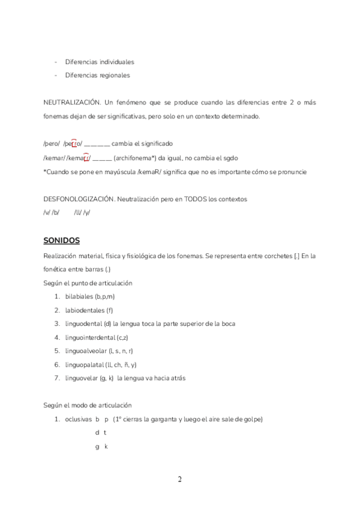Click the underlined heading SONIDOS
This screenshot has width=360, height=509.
pos(61,241)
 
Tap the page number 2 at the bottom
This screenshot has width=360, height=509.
pos(179,479)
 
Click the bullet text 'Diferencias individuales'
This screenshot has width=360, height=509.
pos(100,62)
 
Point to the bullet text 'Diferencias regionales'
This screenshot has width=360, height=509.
pos(97,76)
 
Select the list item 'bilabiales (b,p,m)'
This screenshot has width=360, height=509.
pos(90,297)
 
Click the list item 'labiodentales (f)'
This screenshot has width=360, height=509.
pos(89,310)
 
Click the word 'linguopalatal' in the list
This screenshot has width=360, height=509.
pos(84,364)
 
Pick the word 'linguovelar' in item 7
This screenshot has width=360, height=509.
pos(82,378)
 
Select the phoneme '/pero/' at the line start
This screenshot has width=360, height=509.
pos(52,144)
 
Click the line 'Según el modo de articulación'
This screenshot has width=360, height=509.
pos(88,405)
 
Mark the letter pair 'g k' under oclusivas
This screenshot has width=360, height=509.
pos(101,447)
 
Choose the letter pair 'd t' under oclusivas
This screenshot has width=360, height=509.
pos(100,433)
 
